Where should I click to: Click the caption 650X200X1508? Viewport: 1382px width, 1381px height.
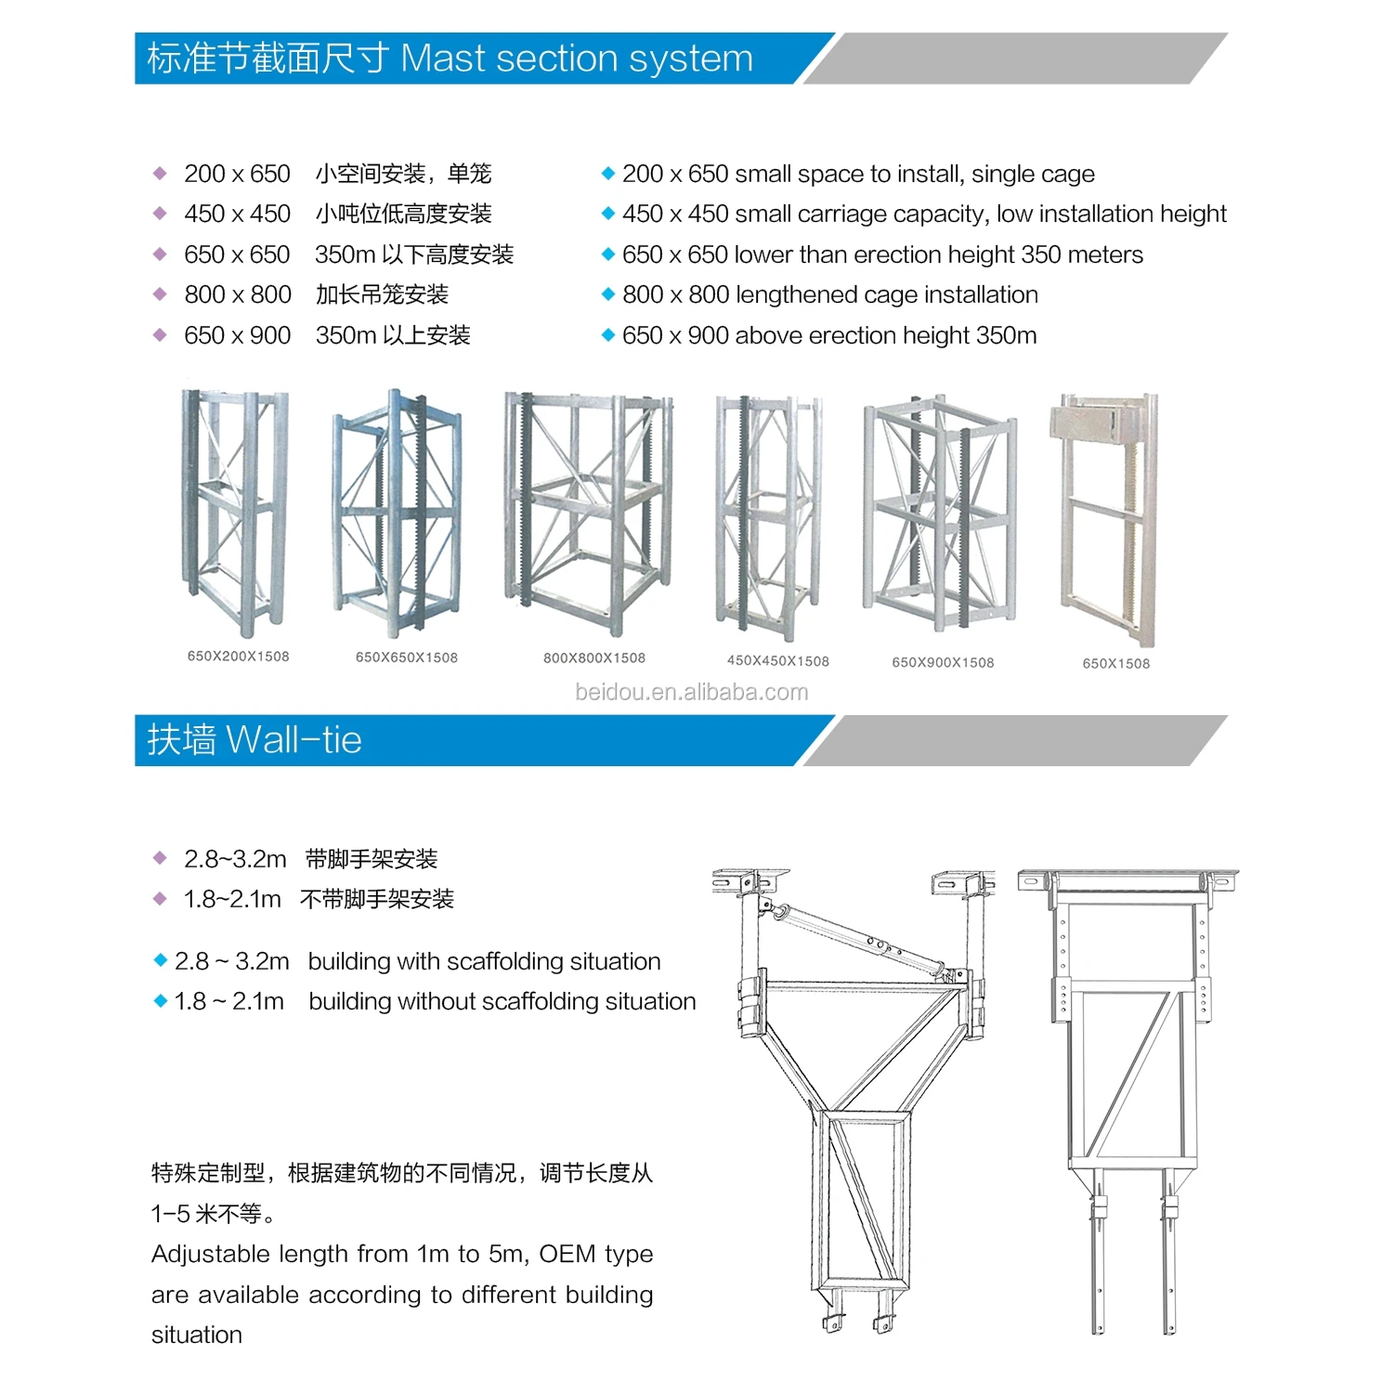point(238,657)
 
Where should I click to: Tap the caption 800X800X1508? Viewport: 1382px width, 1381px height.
point(593,658)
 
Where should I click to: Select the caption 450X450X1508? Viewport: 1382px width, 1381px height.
point(777,661)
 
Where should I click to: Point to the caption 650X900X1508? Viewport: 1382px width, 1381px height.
point(943,663)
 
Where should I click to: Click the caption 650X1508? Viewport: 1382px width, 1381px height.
point(1115,664)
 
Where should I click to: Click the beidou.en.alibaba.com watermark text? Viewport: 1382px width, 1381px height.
point(691,693)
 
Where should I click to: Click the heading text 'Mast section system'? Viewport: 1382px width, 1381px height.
point(576,59)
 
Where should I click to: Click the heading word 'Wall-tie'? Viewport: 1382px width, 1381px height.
point(293,740)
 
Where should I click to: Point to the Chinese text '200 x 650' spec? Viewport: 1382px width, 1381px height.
point(237,174)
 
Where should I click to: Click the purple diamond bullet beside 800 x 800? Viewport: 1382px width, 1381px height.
point(160,294)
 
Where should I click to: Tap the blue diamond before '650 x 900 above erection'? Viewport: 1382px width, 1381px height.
point(608,335)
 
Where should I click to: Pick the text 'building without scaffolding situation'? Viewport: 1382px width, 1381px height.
point(502,1001)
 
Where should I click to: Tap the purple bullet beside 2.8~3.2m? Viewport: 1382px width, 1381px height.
point(160,858)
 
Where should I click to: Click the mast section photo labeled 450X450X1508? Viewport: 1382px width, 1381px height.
point(767,518)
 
